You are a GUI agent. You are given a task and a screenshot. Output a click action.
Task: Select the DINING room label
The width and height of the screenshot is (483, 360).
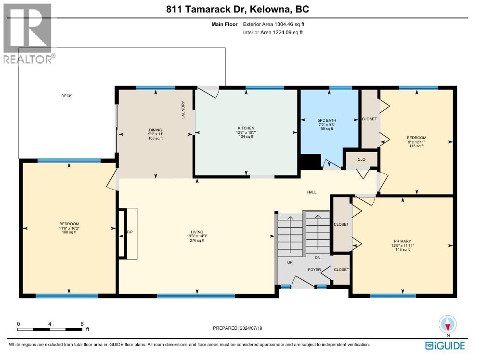point(155,130)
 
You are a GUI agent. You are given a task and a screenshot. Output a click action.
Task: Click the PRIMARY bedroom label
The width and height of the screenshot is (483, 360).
point(402,241)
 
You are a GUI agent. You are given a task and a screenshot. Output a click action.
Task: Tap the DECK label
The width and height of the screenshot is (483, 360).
point(66,96)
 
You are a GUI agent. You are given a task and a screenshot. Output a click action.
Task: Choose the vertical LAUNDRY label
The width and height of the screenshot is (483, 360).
point(183,110)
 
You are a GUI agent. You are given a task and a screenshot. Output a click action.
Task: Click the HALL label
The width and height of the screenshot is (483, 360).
point(312,192)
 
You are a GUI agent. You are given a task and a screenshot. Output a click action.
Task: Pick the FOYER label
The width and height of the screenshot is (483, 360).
point(314,270)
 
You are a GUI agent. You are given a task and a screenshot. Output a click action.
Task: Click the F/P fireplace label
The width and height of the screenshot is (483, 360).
point(130,233)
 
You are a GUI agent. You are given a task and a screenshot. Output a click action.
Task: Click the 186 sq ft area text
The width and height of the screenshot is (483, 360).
point(69,232)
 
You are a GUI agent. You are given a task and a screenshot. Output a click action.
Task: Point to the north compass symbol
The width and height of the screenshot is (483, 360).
point(447,324)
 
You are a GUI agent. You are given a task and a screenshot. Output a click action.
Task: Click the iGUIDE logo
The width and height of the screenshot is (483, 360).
point(445,346)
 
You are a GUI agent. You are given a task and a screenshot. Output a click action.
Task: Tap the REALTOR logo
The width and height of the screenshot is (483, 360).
point(28,34)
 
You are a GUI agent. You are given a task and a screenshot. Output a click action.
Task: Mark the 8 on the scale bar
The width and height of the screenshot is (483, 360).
point(82,324)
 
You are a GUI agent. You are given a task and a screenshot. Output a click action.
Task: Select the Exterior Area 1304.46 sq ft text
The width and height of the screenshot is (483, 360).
point(274,24)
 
